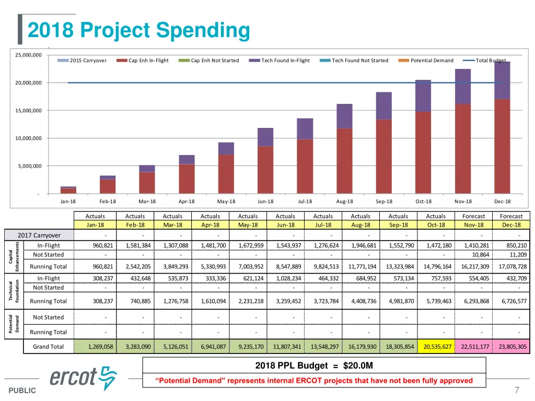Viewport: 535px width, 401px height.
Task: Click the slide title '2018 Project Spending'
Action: [x=138, y=30]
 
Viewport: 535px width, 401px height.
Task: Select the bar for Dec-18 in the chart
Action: [x=502, y=128]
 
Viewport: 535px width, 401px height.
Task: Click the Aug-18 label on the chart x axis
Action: [x=344, y=202]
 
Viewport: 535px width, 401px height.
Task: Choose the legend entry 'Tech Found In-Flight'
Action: [x=285, y=61]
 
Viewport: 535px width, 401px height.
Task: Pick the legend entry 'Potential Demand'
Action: [x=432, y=61]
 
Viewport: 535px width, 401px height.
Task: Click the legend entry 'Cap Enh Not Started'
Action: [x=214, y=61]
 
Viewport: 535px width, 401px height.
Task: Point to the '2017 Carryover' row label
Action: [x=39, y=235]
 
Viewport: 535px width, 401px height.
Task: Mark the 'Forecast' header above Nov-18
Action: [x=473, y=216]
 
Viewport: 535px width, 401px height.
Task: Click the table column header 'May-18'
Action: [x=248, y=225]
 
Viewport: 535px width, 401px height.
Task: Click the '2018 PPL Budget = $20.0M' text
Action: [x=314, y=365]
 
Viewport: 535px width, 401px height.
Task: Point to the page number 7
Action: [x=517, y=390]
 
